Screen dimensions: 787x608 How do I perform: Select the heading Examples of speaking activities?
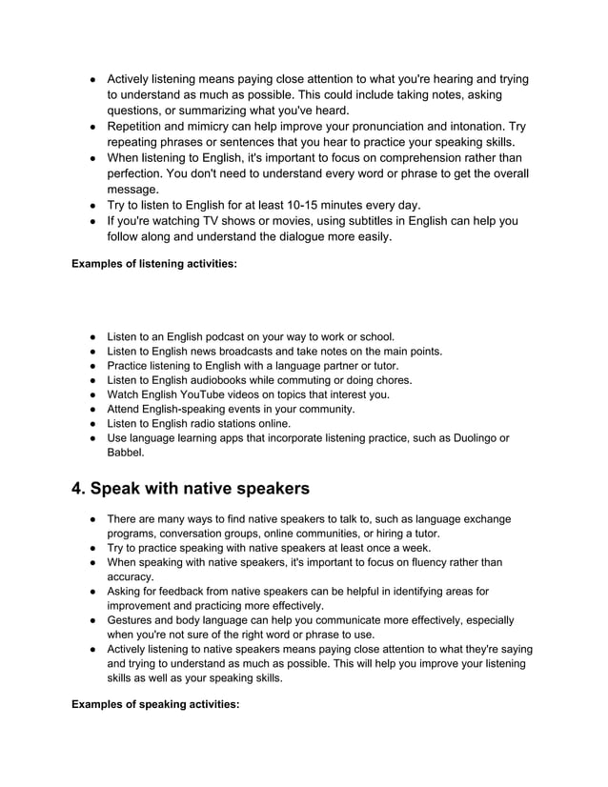tap(155, 709)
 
